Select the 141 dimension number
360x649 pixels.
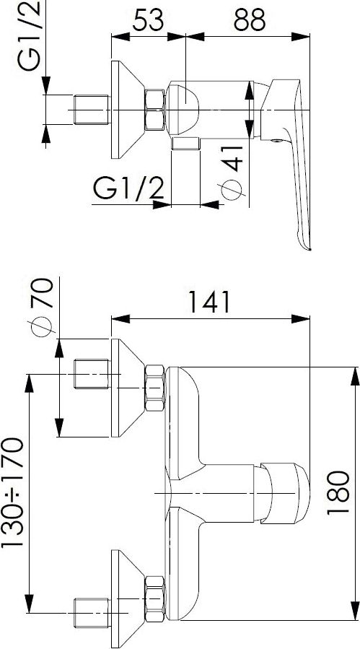pos(210,302)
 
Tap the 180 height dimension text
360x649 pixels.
pos(338,492)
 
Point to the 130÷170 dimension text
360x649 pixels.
pos(12,493)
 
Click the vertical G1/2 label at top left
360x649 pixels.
pos(29,35)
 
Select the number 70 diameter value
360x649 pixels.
pos(42,292)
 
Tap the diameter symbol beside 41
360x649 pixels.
pos(231,191)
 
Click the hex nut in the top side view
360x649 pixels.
pos(155,110)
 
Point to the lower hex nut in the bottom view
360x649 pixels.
pos(155,598)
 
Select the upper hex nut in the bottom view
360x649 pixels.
pos(155,388)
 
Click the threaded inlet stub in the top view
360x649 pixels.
pos(92,110)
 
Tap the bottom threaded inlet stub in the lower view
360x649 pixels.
pos(92,613)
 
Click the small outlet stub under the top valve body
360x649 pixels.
pos(186,143)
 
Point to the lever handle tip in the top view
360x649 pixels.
pos(308,248)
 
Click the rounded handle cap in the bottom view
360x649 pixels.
pos(286,493)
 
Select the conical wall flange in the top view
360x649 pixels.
pos(128,110)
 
